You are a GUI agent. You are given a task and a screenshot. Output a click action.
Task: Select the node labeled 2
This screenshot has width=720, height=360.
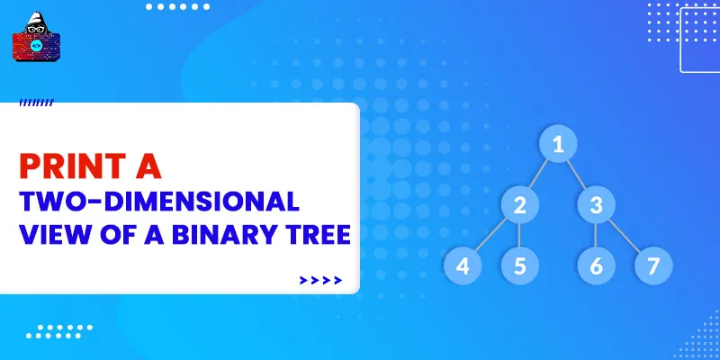click(x=519, y=205)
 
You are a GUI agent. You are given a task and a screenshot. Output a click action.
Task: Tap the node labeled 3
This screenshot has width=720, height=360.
click(x=596, y=205)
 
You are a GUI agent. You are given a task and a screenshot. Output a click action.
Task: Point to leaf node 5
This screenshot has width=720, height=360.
click(x=519, y=265)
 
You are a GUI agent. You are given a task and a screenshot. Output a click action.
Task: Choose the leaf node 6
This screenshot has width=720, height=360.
click(x=596, y=265)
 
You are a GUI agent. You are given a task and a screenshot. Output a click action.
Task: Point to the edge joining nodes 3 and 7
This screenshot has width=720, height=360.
click(x=624, y=235)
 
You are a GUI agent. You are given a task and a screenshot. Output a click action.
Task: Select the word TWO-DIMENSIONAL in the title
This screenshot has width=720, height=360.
click(x=158, y=201)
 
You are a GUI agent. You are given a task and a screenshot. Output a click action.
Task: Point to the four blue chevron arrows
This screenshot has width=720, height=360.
click(x=320, y=280)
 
